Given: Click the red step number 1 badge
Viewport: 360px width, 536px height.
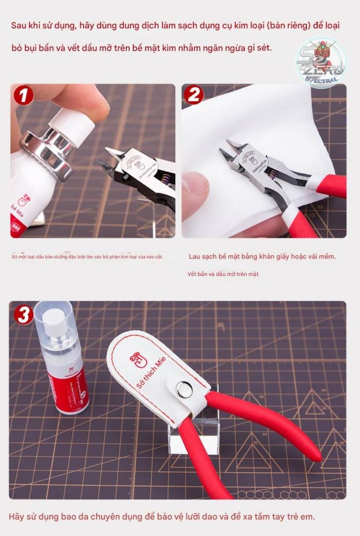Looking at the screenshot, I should click(23, 95).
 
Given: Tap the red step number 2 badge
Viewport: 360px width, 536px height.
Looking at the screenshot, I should click(194, 95).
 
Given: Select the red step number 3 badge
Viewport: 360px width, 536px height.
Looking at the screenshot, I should click(24, 314).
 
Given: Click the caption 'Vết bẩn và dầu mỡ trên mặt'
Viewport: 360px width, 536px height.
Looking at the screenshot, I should click(223, 274).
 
